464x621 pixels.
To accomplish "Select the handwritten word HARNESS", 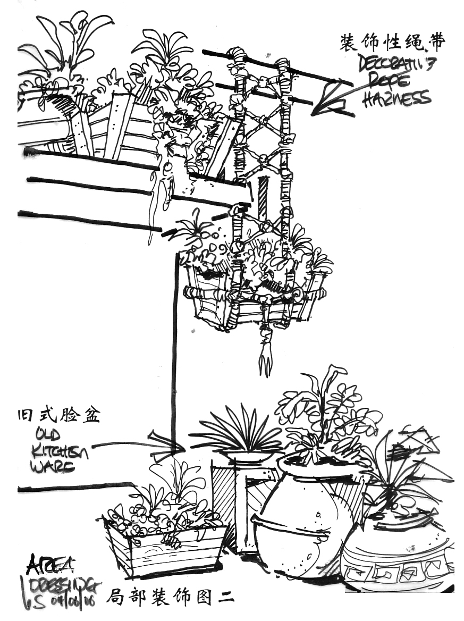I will (x=397, y=99).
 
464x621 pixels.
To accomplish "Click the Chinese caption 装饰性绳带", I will (x=392, y=43).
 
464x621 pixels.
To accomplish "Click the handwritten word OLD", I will (x=49, y=434).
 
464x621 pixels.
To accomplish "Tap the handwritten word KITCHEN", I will (x=60, y=451).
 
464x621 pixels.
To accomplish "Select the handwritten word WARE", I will (x=52, y=467).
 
